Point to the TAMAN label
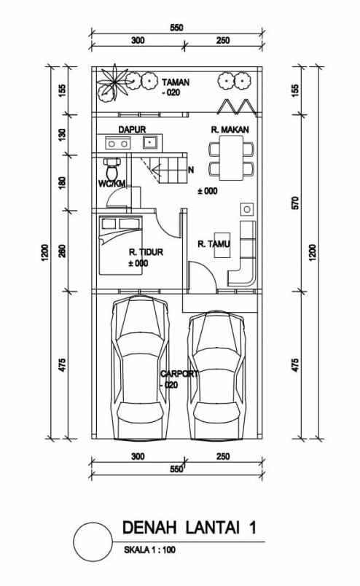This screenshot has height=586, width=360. [x=176, y=82]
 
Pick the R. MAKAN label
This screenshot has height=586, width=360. [x=227, y=129]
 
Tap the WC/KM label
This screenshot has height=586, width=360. [x=111, y=184]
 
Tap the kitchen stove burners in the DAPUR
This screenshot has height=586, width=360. [x=118, y=144]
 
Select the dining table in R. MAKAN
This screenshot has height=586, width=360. [x=232, y=159]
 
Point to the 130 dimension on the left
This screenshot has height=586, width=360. [x=62, y=135]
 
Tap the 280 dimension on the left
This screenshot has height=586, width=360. [x=62, y=251]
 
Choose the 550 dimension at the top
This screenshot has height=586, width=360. [x=176, y=28]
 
